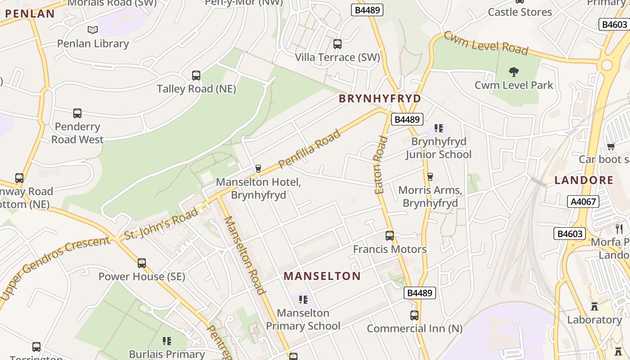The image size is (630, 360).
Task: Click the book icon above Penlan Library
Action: pyautogui.click(x=93, y=30)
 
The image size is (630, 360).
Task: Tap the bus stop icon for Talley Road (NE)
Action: pyautogui.click(x=196, y=76)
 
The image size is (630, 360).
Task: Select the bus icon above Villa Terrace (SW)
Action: pyautogui.click(x=337, y=44)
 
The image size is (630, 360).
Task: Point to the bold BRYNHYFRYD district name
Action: pyautogui.click(x=380, y=99)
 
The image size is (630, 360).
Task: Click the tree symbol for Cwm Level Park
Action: pyautogui.click(x=513, y=72)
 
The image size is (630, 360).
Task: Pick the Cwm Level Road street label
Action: pyautogui.click(x=486, y=44)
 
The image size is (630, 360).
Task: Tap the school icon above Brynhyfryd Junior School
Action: pyautogui.click(x=439, y=129)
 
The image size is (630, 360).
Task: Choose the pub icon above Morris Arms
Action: pyautogui.click(x=430, y=176)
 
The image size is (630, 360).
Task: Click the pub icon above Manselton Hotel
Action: pyautogui.click(x=258, y=169)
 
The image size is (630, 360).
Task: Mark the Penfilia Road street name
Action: pyautogui.click(x=310, y=149)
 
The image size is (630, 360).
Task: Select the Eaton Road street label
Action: pyautogui.click(x=381, y=165)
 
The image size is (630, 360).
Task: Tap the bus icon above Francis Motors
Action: pyautogui.click(x=390, y=236)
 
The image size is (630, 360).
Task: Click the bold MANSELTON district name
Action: pyautogui.click(x=322, y=276)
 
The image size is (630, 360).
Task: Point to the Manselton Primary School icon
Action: pyautogui.click(x=303, y=299)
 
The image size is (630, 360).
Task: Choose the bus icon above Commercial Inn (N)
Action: pyautogui.click(x=414, y=315)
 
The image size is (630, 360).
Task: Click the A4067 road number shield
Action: pyautogui.click(x=583, y=202)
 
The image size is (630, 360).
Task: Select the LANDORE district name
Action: pyautogui.click(x=584, y=180)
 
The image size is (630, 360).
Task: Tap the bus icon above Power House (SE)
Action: pyautogui.click(x=142, y=263)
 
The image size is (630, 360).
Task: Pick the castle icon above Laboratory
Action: pyautogui.click(x=594, y=306)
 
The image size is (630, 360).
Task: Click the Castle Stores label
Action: pyautogui.click(x=520, y=12)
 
